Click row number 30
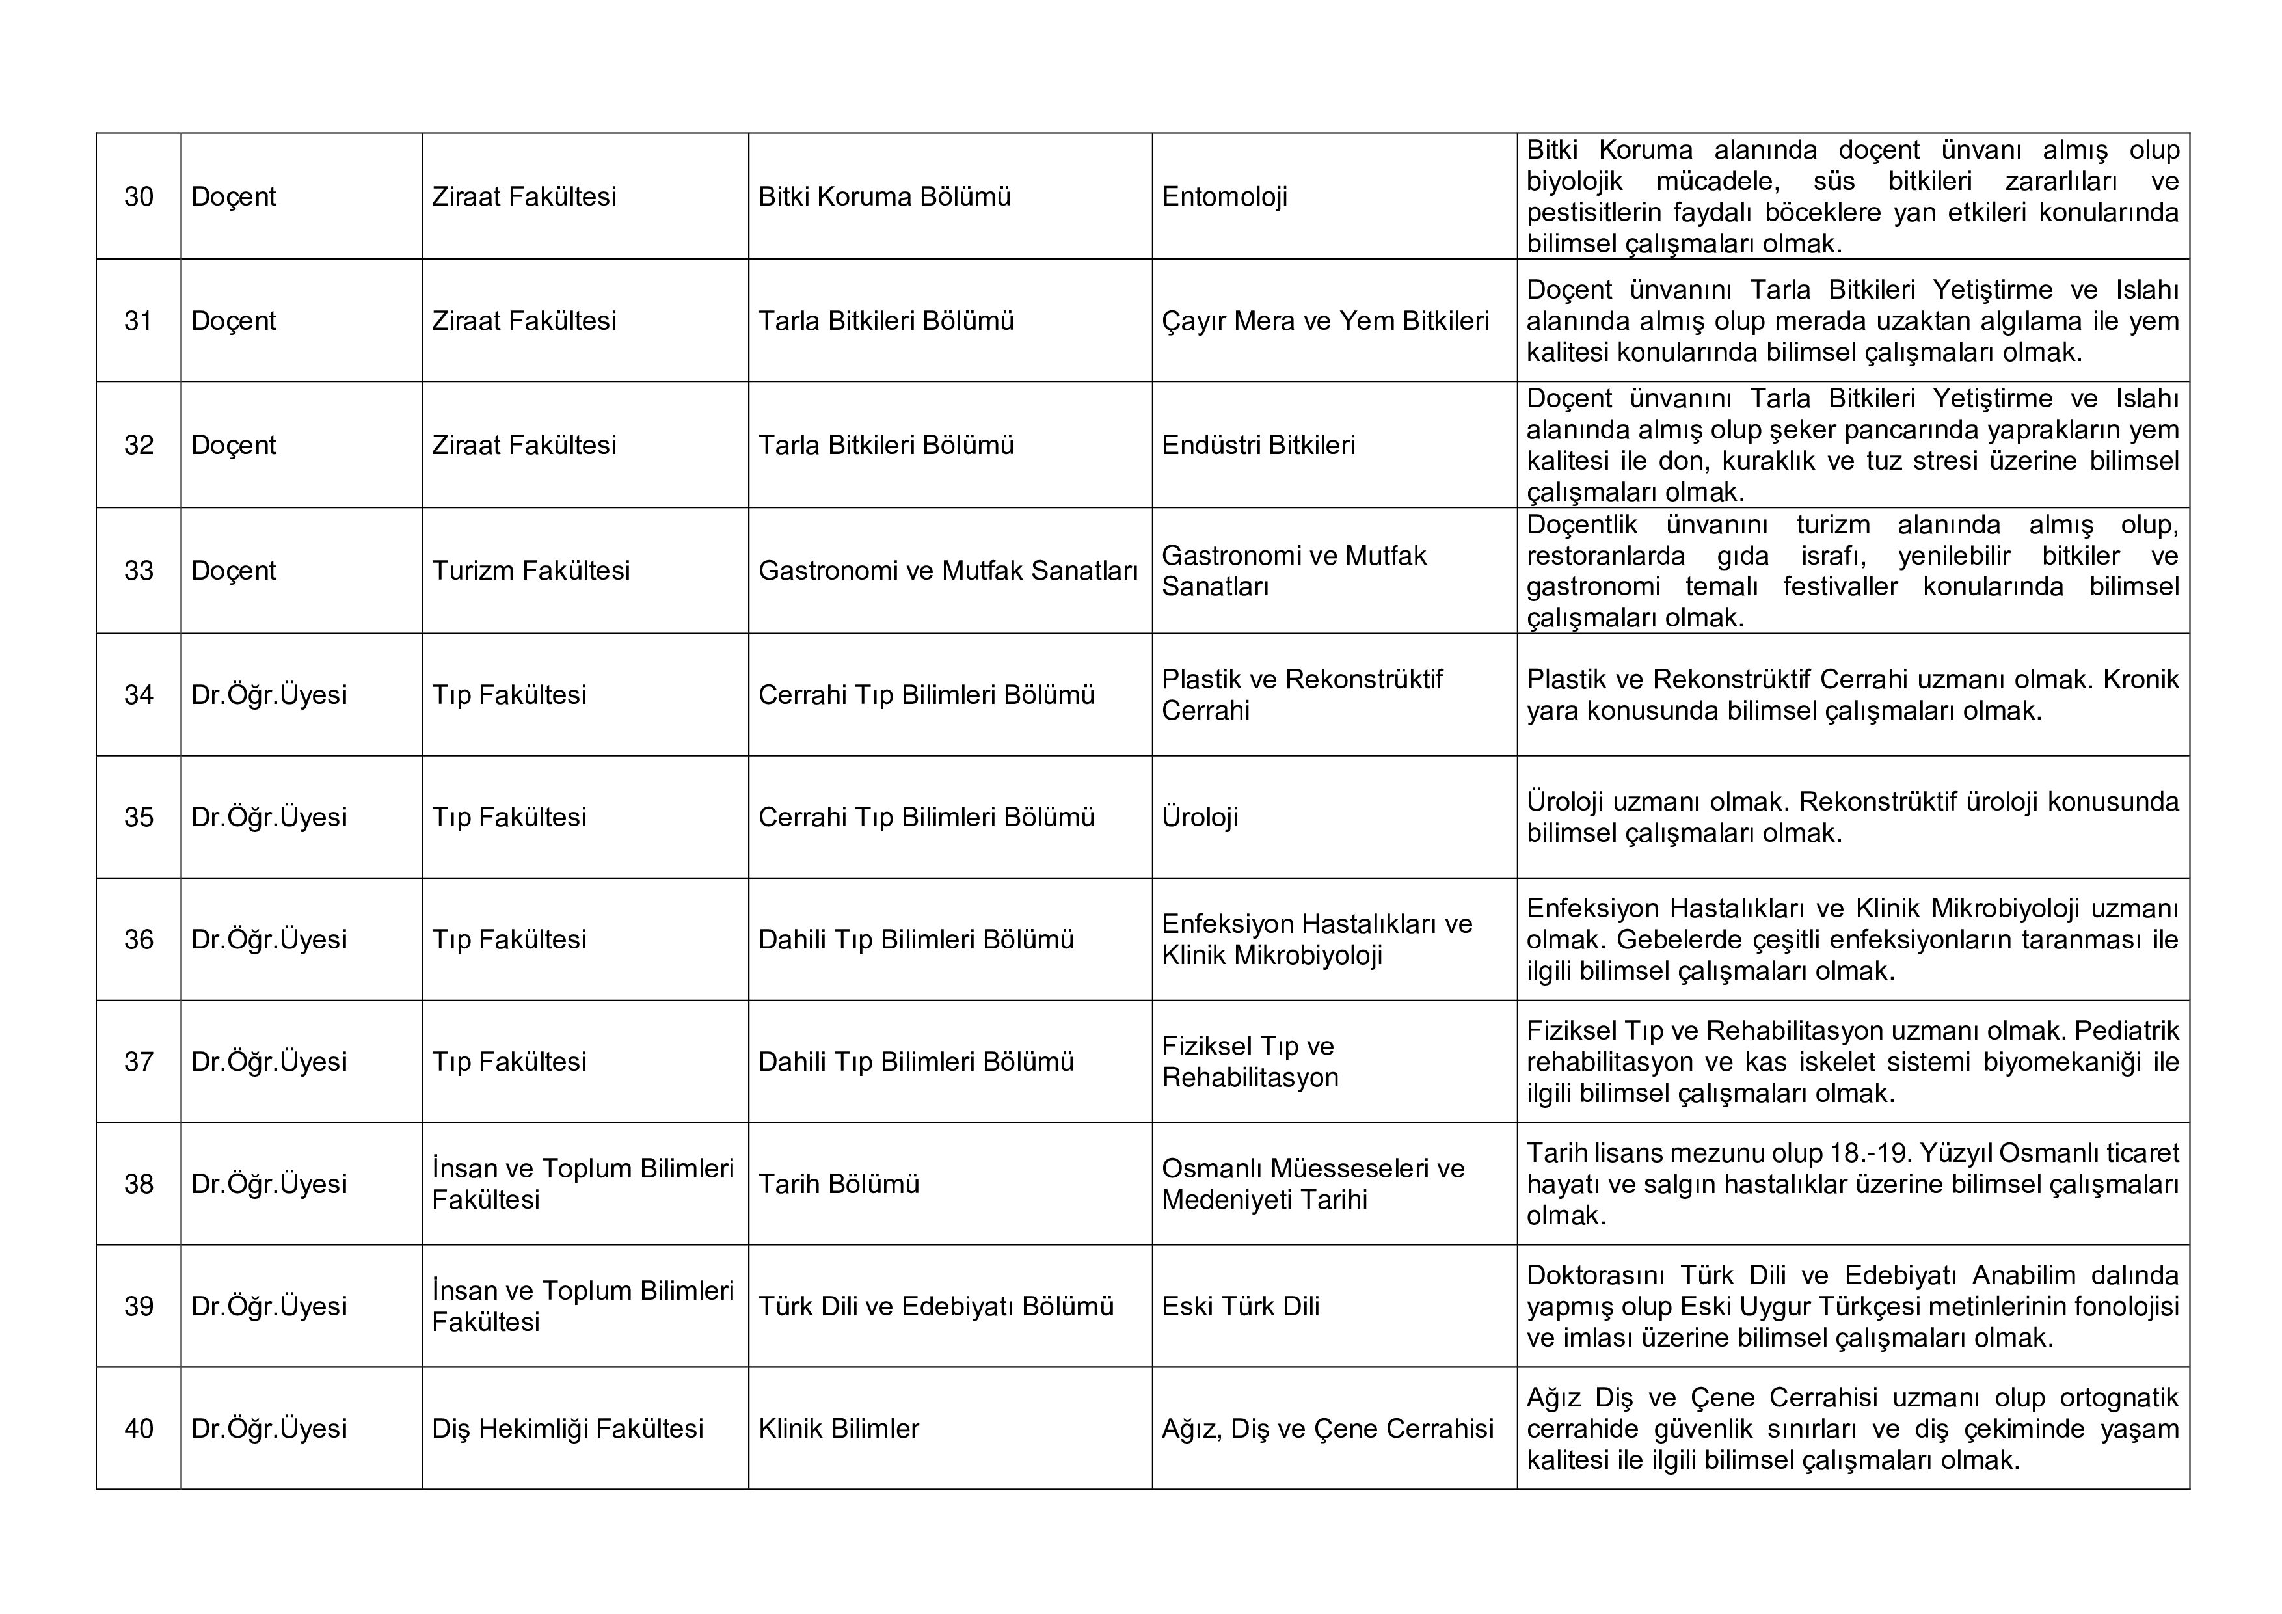click(x=138, y=196)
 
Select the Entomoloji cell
click(x=1224, y=196)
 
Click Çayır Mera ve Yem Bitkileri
click(x=1325, y=321)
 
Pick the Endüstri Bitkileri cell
click(x=1257, y=445)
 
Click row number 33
click(x=138, y=571)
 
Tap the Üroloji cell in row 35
click(x=1200, y=817)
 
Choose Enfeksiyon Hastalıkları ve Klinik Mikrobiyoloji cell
click(x=1316, y=939)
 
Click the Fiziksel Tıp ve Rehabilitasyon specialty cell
click(x=1250, y=1062)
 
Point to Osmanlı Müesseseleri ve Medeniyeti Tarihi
click(x=1312, y=1184)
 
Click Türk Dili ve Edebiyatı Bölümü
click(x=935, y=1306)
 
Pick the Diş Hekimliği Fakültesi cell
click(x=567, y=1428)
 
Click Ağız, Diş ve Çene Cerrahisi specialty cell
click(x=1327, y=1428)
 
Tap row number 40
click(x=138, y=1428)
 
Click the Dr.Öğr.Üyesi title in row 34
click(x=269, y=695)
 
